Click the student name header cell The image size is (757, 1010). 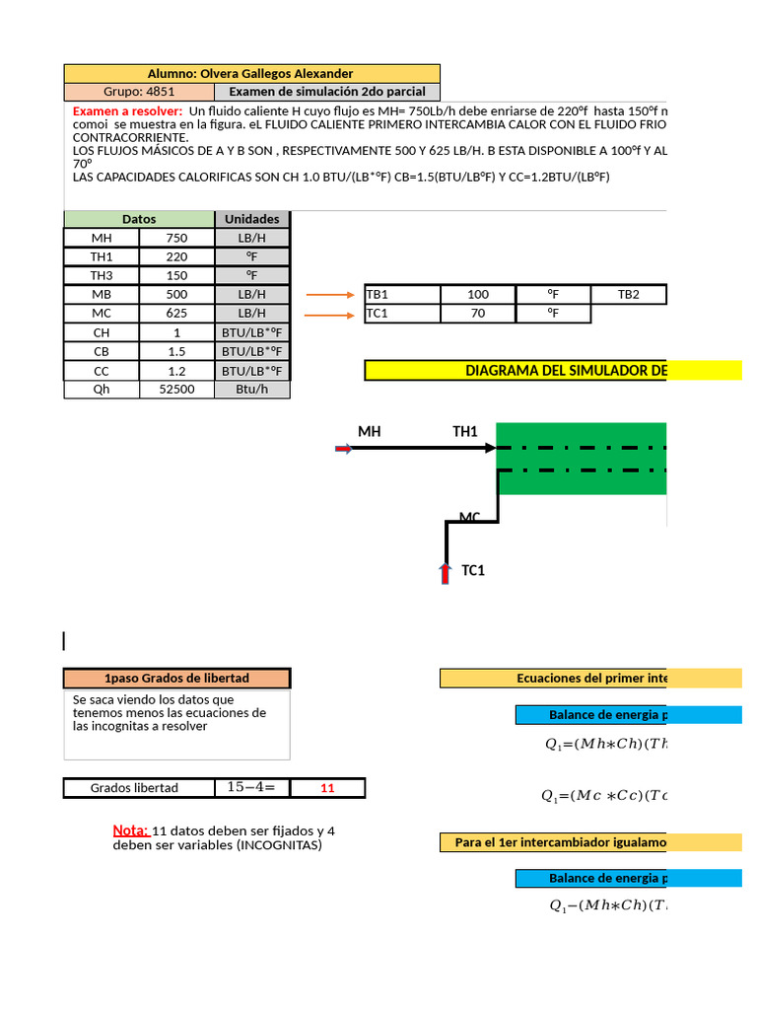point(251,74)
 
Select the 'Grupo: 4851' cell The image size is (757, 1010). point(139,92)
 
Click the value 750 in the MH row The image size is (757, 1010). point(176,238)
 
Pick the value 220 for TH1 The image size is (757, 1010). point(176,256)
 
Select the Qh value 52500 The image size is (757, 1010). point(176,390)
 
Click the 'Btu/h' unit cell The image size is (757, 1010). point(252,390)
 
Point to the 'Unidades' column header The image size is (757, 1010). point(252,219)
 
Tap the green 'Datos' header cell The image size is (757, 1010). point(139,219)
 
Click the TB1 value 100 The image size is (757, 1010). point(478,294)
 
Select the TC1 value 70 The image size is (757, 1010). point(478,314)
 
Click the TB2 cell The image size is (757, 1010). point(628,294)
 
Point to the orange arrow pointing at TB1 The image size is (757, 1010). point(329,295)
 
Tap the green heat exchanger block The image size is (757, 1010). point(582,460)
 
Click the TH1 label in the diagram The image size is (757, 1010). point(465,431)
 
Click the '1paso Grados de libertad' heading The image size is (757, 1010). point(177,679)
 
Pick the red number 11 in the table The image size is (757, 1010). point(328,788)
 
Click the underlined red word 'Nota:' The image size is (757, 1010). point(131,830)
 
